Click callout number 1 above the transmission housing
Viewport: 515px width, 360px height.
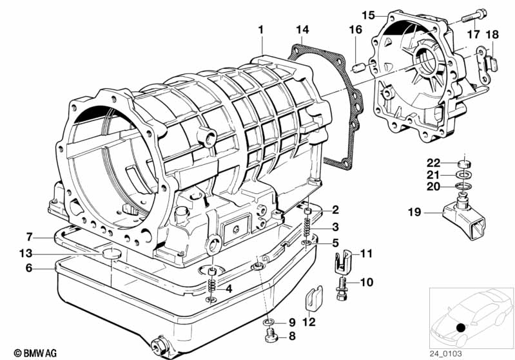point(261,30)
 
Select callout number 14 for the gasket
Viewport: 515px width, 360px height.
point(302,30)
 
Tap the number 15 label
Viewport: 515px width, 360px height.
point(369,15)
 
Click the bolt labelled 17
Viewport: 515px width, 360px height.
point(474,15)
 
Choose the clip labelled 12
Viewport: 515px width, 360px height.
point(315,298)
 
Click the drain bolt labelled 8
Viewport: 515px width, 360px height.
point(271,336)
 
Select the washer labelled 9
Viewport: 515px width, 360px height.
point(269,322)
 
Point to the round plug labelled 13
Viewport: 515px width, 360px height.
point(111,253)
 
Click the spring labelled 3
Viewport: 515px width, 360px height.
point(307,227)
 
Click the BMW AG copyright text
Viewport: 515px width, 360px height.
point(35,353)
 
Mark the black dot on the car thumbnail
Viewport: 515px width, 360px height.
point(461,327)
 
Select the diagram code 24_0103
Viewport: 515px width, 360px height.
point(445,354)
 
